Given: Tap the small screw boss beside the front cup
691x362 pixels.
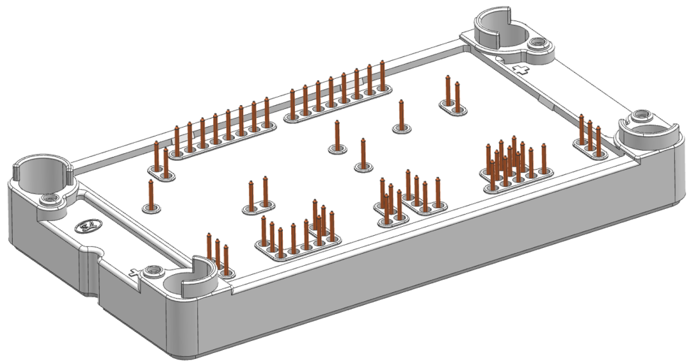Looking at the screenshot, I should coord(152,272).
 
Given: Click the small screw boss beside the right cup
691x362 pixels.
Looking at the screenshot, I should coord(640,117).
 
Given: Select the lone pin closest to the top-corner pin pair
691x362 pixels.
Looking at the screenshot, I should coord(401,115).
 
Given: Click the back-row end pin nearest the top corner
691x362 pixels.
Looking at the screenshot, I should coord(383,76).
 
